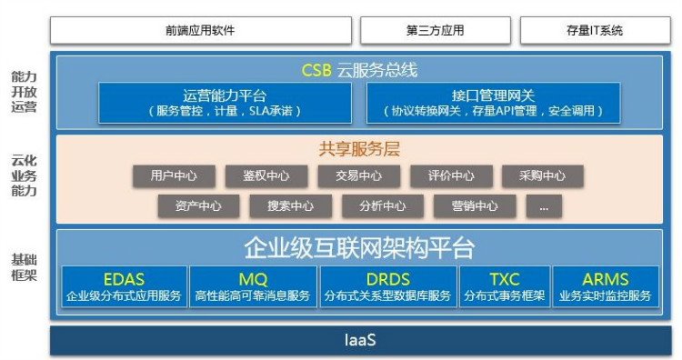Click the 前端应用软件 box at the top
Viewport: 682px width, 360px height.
[200, 30]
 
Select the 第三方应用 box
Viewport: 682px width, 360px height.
[435, 30]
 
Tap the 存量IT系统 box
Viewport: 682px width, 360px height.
[595, 30]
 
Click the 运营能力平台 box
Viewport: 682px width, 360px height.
[224, 103]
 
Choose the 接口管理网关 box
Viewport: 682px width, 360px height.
[494, 103]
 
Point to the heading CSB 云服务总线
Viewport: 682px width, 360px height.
[360, 70]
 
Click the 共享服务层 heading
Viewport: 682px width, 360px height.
[360, 149]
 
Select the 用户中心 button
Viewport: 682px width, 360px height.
[174, 176]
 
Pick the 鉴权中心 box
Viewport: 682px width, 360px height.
[266, 176]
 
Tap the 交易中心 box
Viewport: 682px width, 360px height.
[359, 176]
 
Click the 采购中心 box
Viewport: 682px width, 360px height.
[543, 176]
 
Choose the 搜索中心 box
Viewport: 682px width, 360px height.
[290, 205]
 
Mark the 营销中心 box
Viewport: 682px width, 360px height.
[475, 205]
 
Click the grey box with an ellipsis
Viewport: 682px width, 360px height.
[544, 205]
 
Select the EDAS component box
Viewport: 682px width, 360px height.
[124, 287]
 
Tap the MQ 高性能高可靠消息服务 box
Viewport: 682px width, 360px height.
[253, 287]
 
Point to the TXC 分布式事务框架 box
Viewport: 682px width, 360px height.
[505, 287]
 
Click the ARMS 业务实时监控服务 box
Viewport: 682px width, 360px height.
[606, 287]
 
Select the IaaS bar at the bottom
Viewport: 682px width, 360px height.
[360, 341]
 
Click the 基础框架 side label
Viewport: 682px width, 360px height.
[25, 267]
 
